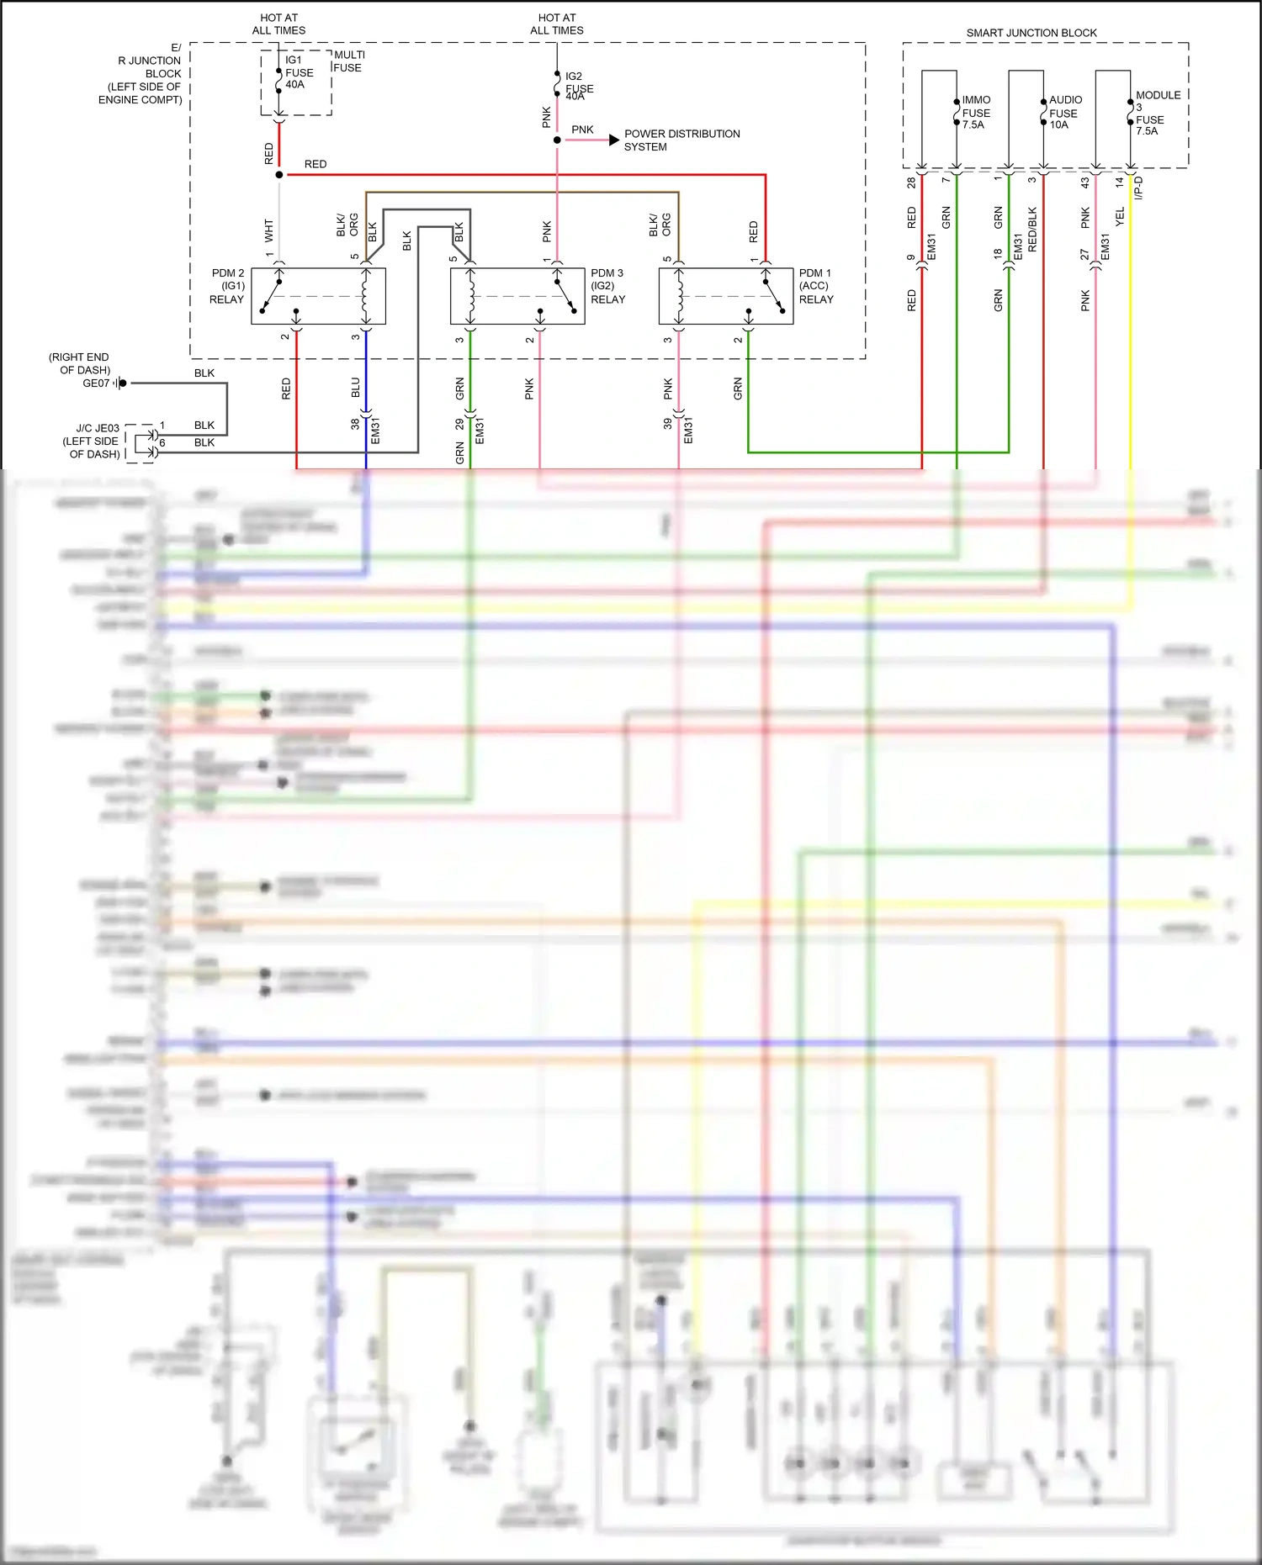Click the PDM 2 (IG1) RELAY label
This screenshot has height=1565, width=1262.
coord(227,286)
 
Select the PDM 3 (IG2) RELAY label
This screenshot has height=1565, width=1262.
coord(607,286)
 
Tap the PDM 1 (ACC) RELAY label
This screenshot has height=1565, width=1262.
coord(815,286)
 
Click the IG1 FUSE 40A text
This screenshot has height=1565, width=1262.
coord(298,72)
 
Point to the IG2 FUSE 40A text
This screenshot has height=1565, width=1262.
coord(578,87)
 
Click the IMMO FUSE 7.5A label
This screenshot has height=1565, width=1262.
coord(976,113)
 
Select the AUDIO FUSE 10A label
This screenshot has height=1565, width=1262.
coord(1064,113)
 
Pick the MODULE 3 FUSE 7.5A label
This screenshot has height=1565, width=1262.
coord(1156,113)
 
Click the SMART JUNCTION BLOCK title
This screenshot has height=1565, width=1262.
coord(1031,33)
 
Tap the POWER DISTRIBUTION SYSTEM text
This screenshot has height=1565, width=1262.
coord(681,140)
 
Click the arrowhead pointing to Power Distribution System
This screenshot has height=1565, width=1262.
coord(614,140)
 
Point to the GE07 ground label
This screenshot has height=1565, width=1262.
coord(96,383)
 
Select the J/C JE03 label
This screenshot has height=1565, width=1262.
coord(98,428)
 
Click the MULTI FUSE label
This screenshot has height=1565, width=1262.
coord(349,61)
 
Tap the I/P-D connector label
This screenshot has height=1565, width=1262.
coord(1139,188)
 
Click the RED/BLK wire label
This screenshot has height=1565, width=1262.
coord(1033,229)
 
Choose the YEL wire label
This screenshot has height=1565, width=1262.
coord(1120,217)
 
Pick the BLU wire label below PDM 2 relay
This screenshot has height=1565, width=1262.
coord(356,388)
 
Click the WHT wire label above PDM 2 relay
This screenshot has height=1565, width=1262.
coord(269,230)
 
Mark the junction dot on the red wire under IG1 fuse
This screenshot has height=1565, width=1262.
coord(279,175)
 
